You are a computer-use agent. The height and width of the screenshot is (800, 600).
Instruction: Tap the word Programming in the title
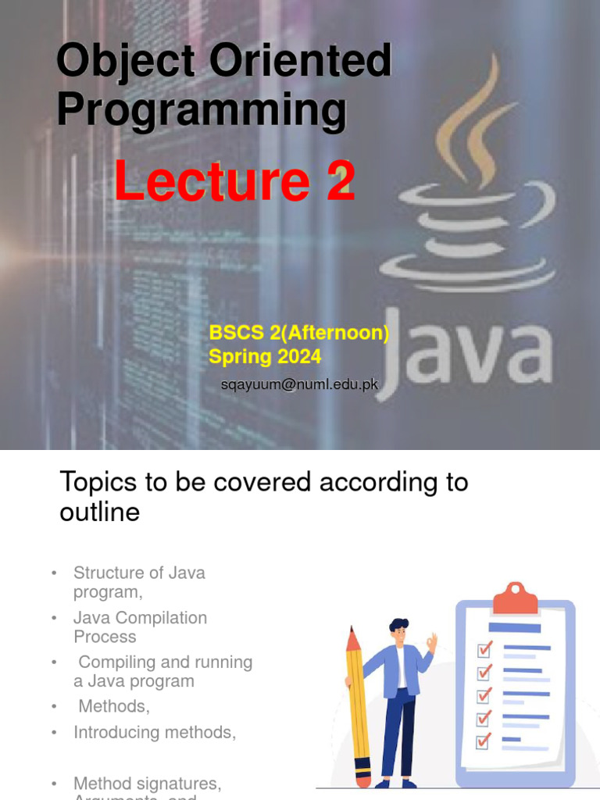pos(201,110)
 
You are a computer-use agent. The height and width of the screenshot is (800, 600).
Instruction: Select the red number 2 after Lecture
pos(341,182)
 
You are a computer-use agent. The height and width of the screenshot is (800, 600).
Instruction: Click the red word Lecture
pos(212,182)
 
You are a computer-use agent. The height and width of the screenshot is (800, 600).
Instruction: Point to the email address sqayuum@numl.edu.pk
pos(299,384)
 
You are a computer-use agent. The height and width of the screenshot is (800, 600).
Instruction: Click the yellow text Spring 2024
pos(265,357)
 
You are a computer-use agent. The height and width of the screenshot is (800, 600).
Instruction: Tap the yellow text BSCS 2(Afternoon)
pos(298,333)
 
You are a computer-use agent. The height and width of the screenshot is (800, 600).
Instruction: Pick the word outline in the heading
pos(99,512)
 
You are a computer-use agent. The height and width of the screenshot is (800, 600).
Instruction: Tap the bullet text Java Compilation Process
pos(140,627)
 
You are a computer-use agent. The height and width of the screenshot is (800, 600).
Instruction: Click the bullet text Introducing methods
pos(155,733)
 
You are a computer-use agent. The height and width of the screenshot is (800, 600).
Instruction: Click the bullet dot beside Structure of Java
pos(54,573)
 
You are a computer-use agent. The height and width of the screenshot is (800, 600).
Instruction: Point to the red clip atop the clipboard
pos(516,599)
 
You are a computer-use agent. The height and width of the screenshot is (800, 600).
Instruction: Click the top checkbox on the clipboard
pos(485,649)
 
